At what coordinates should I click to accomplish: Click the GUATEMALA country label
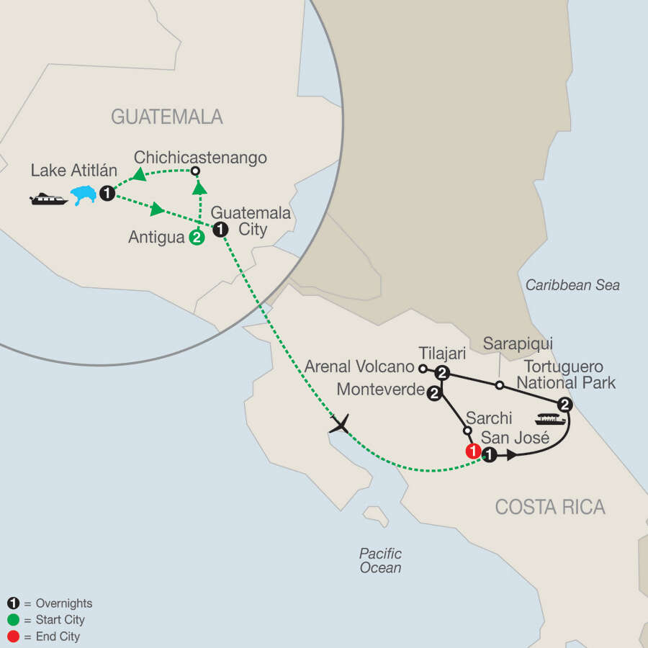[x=166, y=117]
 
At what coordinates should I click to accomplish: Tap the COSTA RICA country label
[x=550, y=507]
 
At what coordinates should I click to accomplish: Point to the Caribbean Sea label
[x=572, y=285]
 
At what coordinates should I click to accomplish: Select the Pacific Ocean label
[x=380, y=561]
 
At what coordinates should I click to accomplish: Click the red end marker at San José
[x=473, y=452]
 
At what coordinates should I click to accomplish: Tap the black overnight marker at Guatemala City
[x=221, y=229]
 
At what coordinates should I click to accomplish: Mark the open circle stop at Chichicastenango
[x=195, y=171]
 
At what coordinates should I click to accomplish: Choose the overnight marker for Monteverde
[x=434, y=393]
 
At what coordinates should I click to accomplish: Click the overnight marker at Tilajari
[x=442, y=373]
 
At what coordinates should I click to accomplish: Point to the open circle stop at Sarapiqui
[x=500, y=386]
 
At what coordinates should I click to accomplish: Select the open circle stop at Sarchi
[x=467, y=431]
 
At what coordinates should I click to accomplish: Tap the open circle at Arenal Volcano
[x=423, y=368]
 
